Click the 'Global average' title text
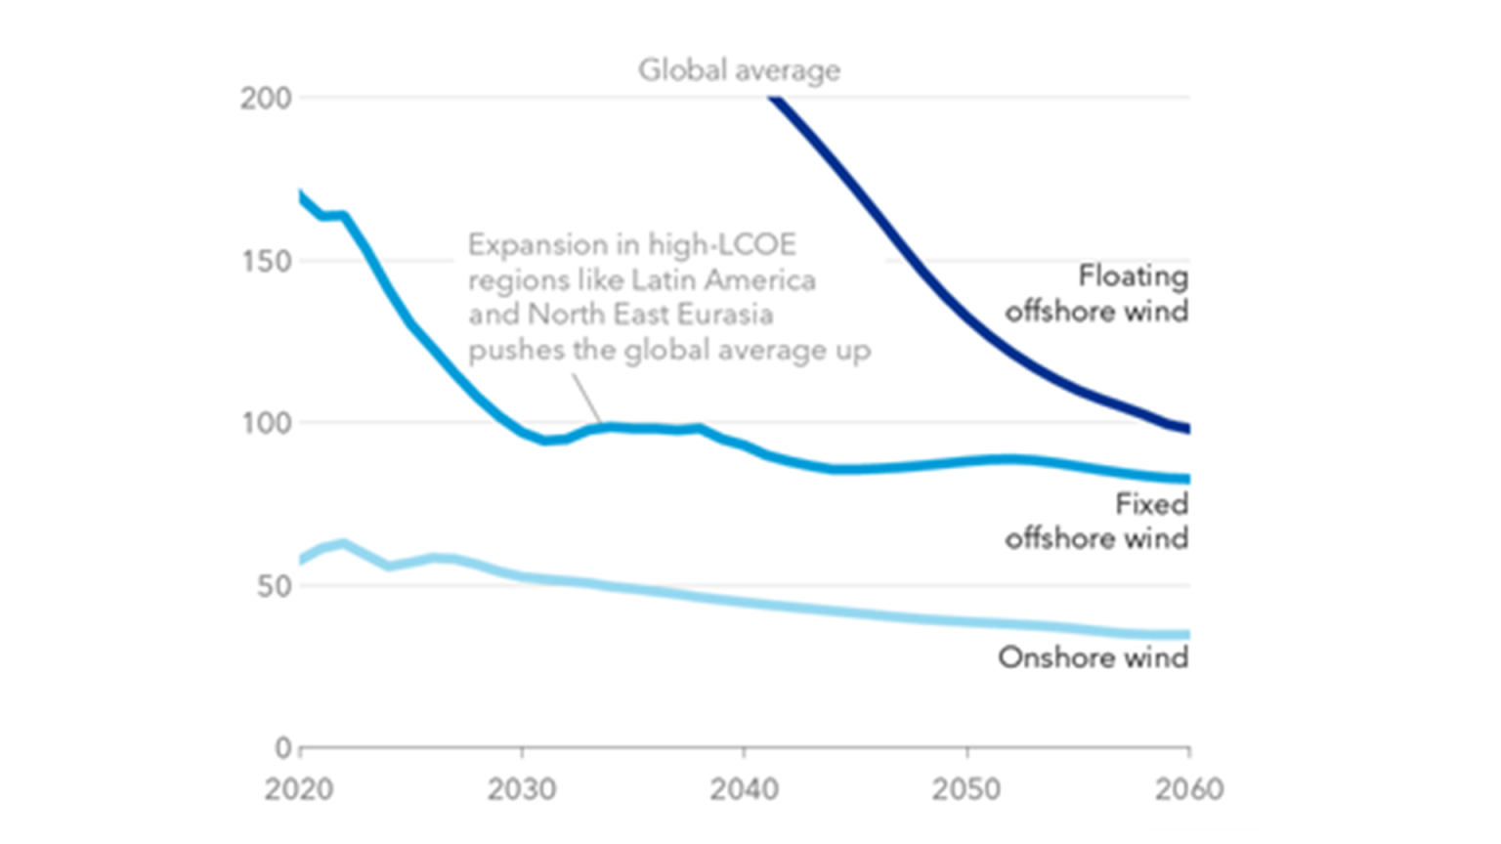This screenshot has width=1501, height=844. [739, 70]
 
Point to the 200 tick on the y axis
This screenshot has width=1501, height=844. [266, 98]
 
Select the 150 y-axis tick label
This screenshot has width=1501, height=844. [266, 261]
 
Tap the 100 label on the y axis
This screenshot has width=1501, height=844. [266, 423]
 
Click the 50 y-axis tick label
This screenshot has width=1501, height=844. [275, 586]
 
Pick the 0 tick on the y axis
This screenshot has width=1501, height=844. [283, 748]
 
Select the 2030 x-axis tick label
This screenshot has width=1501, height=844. [522, 788]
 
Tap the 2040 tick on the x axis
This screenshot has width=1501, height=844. [744, 788]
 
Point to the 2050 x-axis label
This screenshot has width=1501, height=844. [966, 788]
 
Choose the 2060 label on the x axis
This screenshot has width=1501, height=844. [1188, 788]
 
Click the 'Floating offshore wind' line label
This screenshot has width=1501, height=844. [1097, 294]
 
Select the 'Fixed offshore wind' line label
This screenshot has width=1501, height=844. [1097, 521]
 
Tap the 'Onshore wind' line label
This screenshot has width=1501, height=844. [1093, 657]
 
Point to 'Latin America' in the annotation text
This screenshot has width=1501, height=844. [723, 280]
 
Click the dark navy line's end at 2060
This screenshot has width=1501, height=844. [1186, 428]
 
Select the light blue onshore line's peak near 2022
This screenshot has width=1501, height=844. [342, 543]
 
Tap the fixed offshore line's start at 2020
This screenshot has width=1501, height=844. [301, 194]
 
